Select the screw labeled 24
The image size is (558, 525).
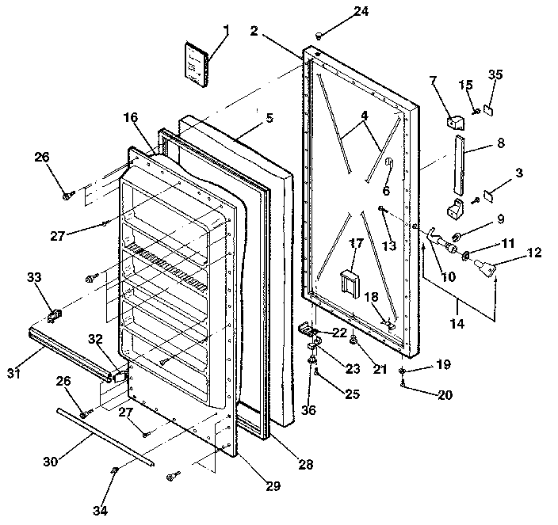pyautogui.click(x=319, y=35)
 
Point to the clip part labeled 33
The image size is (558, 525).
pyautogui.click(x=55, y=314)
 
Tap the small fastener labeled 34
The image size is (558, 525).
pyautogui.click(x=115, y=473)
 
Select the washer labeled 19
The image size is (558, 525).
pyautogui.click(x=403, y=371)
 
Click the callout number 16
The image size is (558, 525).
pyautogui.click(x=131, y=118)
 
